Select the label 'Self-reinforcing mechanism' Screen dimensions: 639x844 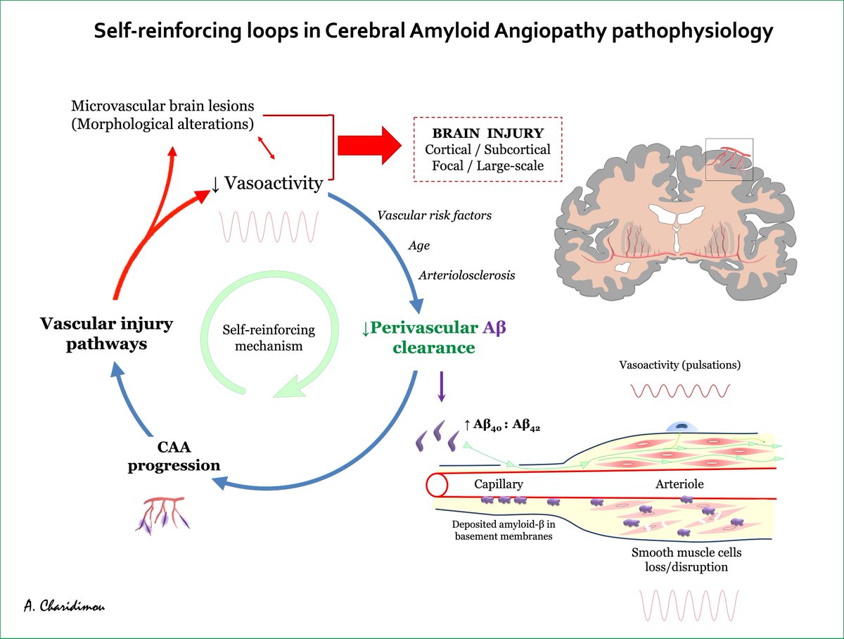tap(269, 337)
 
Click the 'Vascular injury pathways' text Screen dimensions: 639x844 tap(96, 334)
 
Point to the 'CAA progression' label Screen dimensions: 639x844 tap(174, 456)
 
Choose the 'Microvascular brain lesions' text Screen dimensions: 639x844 tap(162, 106)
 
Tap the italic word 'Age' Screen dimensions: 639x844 tap(418, 246)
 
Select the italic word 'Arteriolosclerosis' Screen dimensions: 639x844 tap(466, 275)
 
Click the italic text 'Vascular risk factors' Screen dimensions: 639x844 tap(434, 215)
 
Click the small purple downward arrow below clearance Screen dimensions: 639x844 tap(441, 387)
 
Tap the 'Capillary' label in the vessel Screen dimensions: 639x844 tap(499, 485)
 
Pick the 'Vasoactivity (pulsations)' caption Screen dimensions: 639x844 tap(679, 365)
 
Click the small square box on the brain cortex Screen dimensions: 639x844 tap(729, 159)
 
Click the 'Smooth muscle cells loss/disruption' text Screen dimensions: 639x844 tap(686, 559)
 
